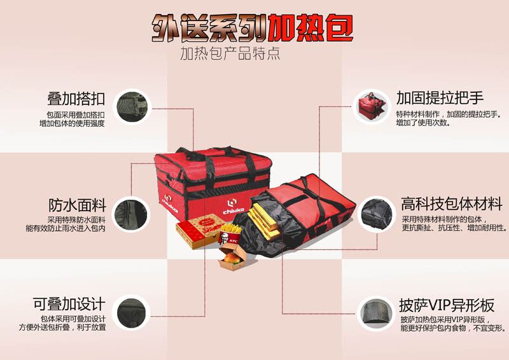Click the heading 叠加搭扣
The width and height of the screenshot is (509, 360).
76,99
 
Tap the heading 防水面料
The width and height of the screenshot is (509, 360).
77,205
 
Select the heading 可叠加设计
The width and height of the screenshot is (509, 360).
69,304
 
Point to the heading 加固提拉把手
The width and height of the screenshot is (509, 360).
440,98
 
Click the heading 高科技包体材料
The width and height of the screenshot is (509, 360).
452,204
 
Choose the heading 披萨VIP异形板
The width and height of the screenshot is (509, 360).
447,305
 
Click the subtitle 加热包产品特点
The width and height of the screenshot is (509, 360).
230,53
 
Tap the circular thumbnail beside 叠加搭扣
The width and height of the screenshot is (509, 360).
132,107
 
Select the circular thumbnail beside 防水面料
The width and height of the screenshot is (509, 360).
131,214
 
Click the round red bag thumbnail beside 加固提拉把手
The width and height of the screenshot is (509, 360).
372,106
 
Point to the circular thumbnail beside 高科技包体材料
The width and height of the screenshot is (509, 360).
377,214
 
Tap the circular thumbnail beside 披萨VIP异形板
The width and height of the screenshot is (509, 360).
375,314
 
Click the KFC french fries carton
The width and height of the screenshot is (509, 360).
230,233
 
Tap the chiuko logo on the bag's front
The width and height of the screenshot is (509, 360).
232,207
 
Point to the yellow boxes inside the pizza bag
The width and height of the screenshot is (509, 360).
262,219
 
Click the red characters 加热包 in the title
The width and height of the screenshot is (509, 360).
310,28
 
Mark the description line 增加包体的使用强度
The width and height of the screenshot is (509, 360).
72,123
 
